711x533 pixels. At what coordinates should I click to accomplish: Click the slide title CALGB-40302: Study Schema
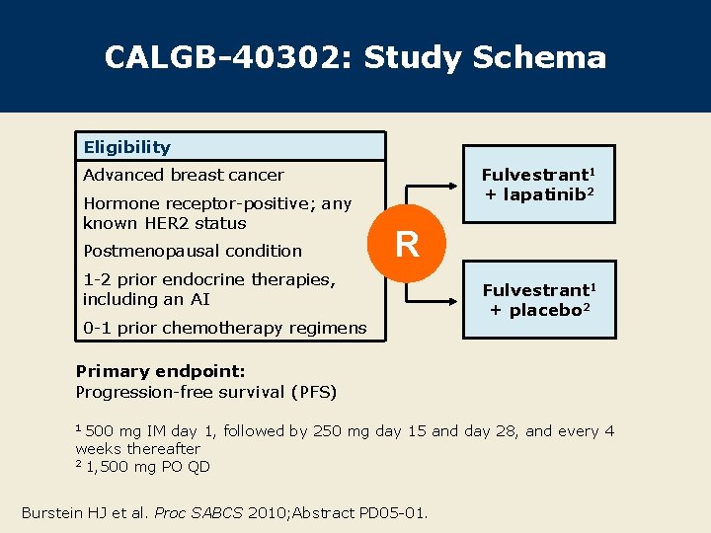click(x=355, y=57)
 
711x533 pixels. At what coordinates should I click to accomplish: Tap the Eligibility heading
click(x=126, y=147)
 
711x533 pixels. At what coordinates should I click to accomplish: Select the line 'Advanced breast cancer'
click(x=184, y=175)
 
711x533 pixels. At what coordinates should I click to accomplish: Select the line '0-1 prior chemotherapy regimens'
click(x=224, y=328)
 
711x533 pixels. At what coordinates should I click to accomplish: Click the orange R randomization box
click(x=407, y=243)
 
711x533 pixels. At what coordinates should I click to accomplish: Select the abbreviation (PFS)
click(x=313, y=392)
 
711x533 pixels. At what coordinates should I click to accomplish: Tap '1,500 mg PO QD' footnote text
click(x=148, y=467)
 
